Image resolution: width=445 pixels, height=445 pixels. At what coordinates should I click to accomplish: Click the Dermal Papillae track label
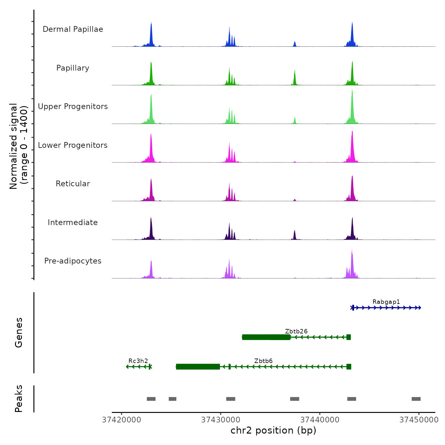(x=73, y=29)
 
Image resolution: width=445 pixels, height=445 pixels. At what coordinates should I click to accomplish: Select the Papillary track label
(x=73, y=68)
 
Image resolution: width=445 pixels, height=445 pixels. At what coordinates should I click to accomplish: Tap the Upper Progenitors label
(x=73, y=106)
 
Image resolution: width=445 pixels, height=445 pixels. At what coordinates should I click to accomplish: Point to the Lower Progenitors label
(x=73, y=145)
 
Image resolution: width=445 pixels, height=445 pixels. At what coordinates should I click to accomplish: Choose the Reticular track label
(x=73, y=184)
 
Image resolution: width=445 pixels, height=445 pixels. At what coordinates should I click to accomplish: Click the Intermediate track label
(x=73, y=222)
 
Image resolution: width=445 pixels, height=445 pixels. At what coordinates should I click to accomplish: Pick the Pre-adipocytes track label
(x=73, y=261)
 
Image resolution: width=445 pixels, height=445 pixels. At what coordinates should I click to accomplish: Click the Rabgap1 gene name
(x=386, y=302)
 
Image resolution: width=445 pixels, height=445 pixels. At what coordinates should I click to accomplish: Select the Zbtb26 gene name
(x=296, y=331)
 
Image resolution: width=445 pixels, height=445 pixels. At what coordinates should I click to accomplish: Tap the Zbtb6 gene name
(x=263, y=361)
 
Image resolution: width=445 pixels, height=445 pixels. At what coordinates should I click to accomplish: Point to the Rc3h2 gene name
(x=138, y=361)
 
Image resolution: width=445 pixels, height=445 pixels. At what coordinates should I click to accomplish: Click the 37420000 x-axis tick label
(x=121, y=420)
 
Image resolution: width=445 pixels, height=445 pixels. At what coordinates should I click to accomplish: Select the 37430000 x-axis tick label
(x=221, y=420)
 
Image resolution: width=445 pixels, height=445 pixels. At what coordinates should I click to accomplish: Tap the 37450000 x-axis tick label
(x=419, y=420)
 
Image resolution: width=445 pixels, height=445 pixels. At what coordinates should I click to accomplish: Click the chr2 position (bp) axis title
(x=273, y=430)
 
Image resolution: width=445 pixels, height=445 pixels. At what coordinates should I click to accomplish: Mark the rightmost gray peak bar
(x=416, y=399)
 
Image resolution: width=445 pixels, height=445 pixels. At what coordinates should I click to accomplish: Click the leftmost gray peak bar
(x=151, y=399)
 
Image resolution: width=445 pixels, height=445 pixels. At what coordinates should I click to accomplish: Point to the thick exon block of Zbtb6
(x=198, y=366)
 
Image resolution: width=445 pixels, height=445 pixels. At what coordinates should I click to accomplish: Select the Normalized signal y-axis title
(x=18, y=146)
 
